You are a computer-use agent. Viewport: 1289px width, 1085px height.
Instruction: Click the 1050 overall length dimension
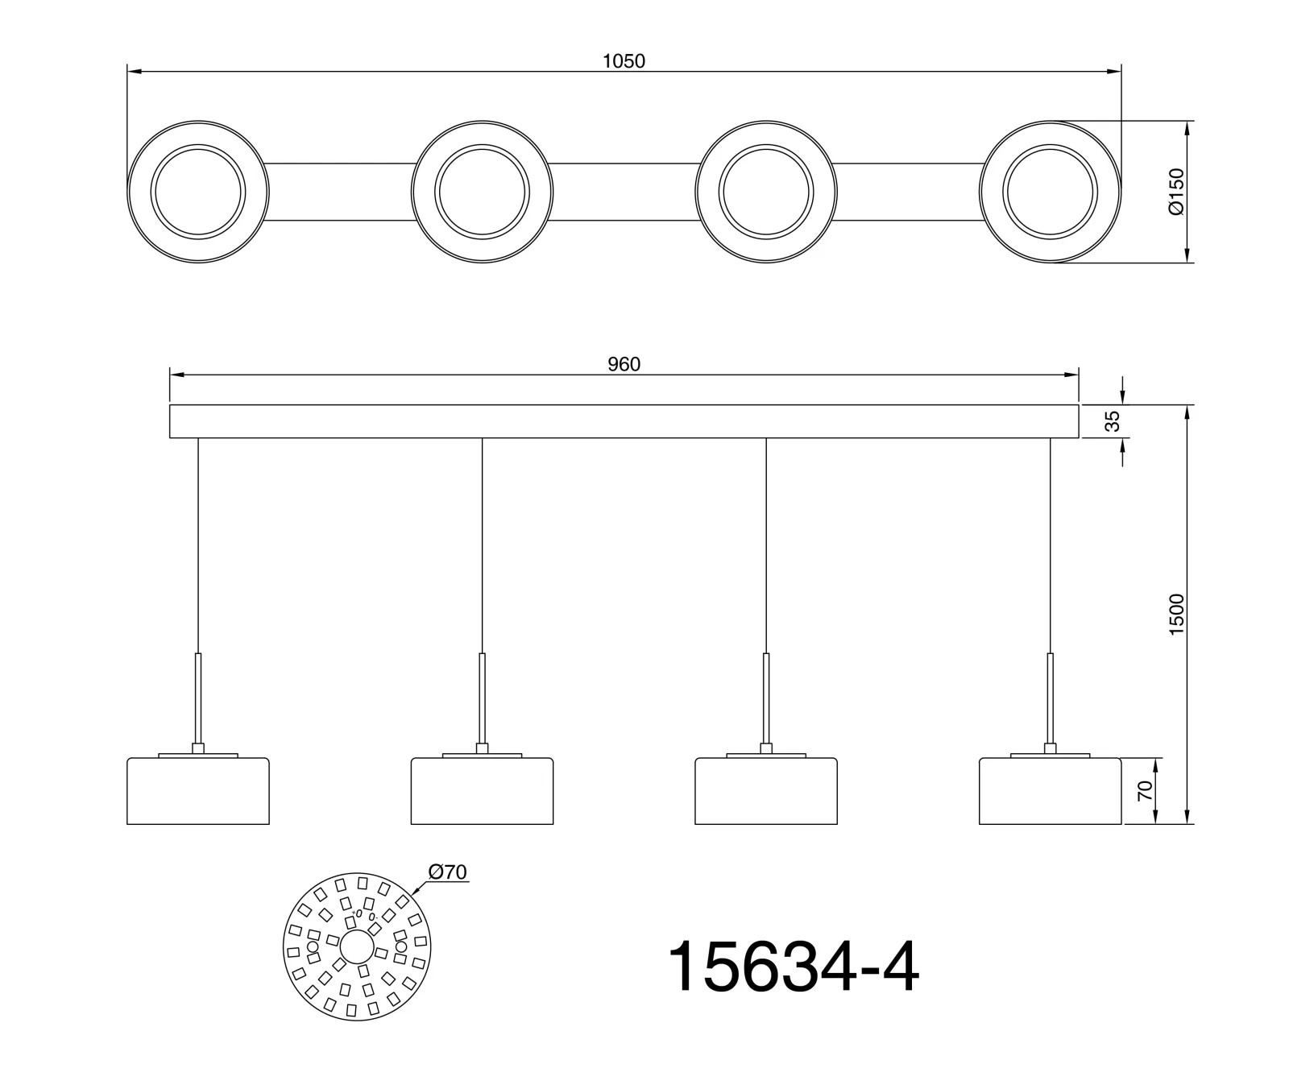[x=624, y=61]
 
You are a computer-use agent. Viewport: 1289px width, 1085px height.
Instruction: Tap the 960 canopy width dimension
[x=624, y=365]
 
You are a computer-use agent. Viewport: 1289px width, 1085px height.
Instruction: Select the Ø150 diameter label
[x=1176, y=192]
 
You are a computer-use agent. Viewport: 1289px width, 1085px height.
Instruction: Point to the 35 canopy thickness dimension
[x=1112, y=421]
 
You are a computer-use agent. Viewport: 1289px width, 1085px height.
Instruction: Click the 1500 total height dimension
[x=1177, y=615]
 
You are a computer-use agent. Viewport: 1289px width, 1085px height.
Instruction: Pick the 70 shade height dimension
[x=1144, y=791]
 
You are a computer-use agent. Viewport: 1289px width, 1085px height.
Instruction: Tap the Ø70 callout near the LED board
[x=448, y=872]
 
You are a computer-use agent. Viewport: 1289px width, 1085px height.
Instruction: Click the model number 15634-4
[x=794, y=967]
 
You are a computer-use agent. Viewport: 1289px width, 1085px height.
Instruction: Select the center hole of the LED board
[x=357, y=947]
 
